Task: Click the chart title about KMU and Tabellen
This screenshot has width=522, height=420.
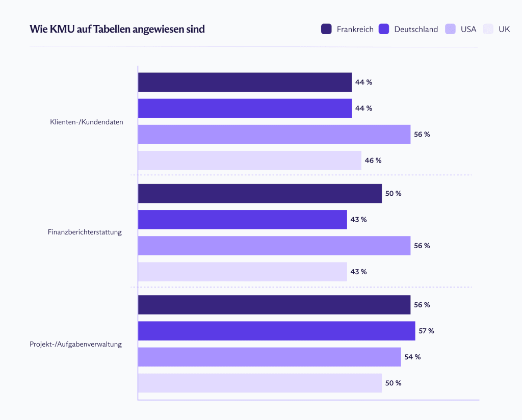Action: point(117,29)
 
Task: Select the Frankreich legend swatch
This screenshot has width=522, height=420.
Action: point(326,29)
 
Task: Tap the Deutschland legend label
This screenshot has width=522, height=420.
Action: point(416,29)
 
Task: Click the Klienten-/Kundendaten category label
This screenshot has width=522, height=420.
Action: point(86,122)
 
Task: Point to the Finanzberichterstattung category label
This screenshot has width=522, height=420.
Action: point(85,232)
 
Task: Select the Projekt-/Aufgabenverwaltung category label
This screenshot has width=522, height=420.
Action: point(75,344)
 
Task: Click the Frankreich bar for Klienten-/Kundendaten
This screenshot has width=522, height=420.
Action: point(245,82)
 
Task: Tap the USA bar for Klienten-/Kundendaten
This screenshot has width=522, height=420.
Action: point(274,135)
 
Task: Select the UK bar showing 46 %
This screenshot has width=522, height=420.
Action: point(249,161)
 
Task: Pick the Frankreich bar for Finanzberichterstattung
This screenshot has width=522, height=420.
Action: point(259,194)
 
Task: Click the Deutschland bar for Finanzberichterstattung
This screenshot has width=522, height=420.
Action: point(242,220)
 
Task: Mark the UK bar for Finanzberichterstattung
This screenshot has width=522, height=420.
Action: point(242,272)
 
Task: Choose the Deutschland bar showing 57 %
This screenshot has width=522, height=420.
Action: point(276,331)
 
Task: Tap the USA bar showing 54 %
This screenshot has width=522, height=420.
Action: point(269,357)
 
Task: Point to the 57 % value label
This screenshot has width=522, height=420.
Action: point(426,331)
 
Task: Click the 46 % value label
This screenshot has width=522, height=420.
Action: point(373,161)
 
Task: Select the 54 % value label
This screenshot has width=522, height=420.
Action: point(412,357)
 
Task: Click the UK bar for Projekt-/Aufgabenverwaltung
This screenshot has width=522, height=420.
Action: point(259,383)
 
